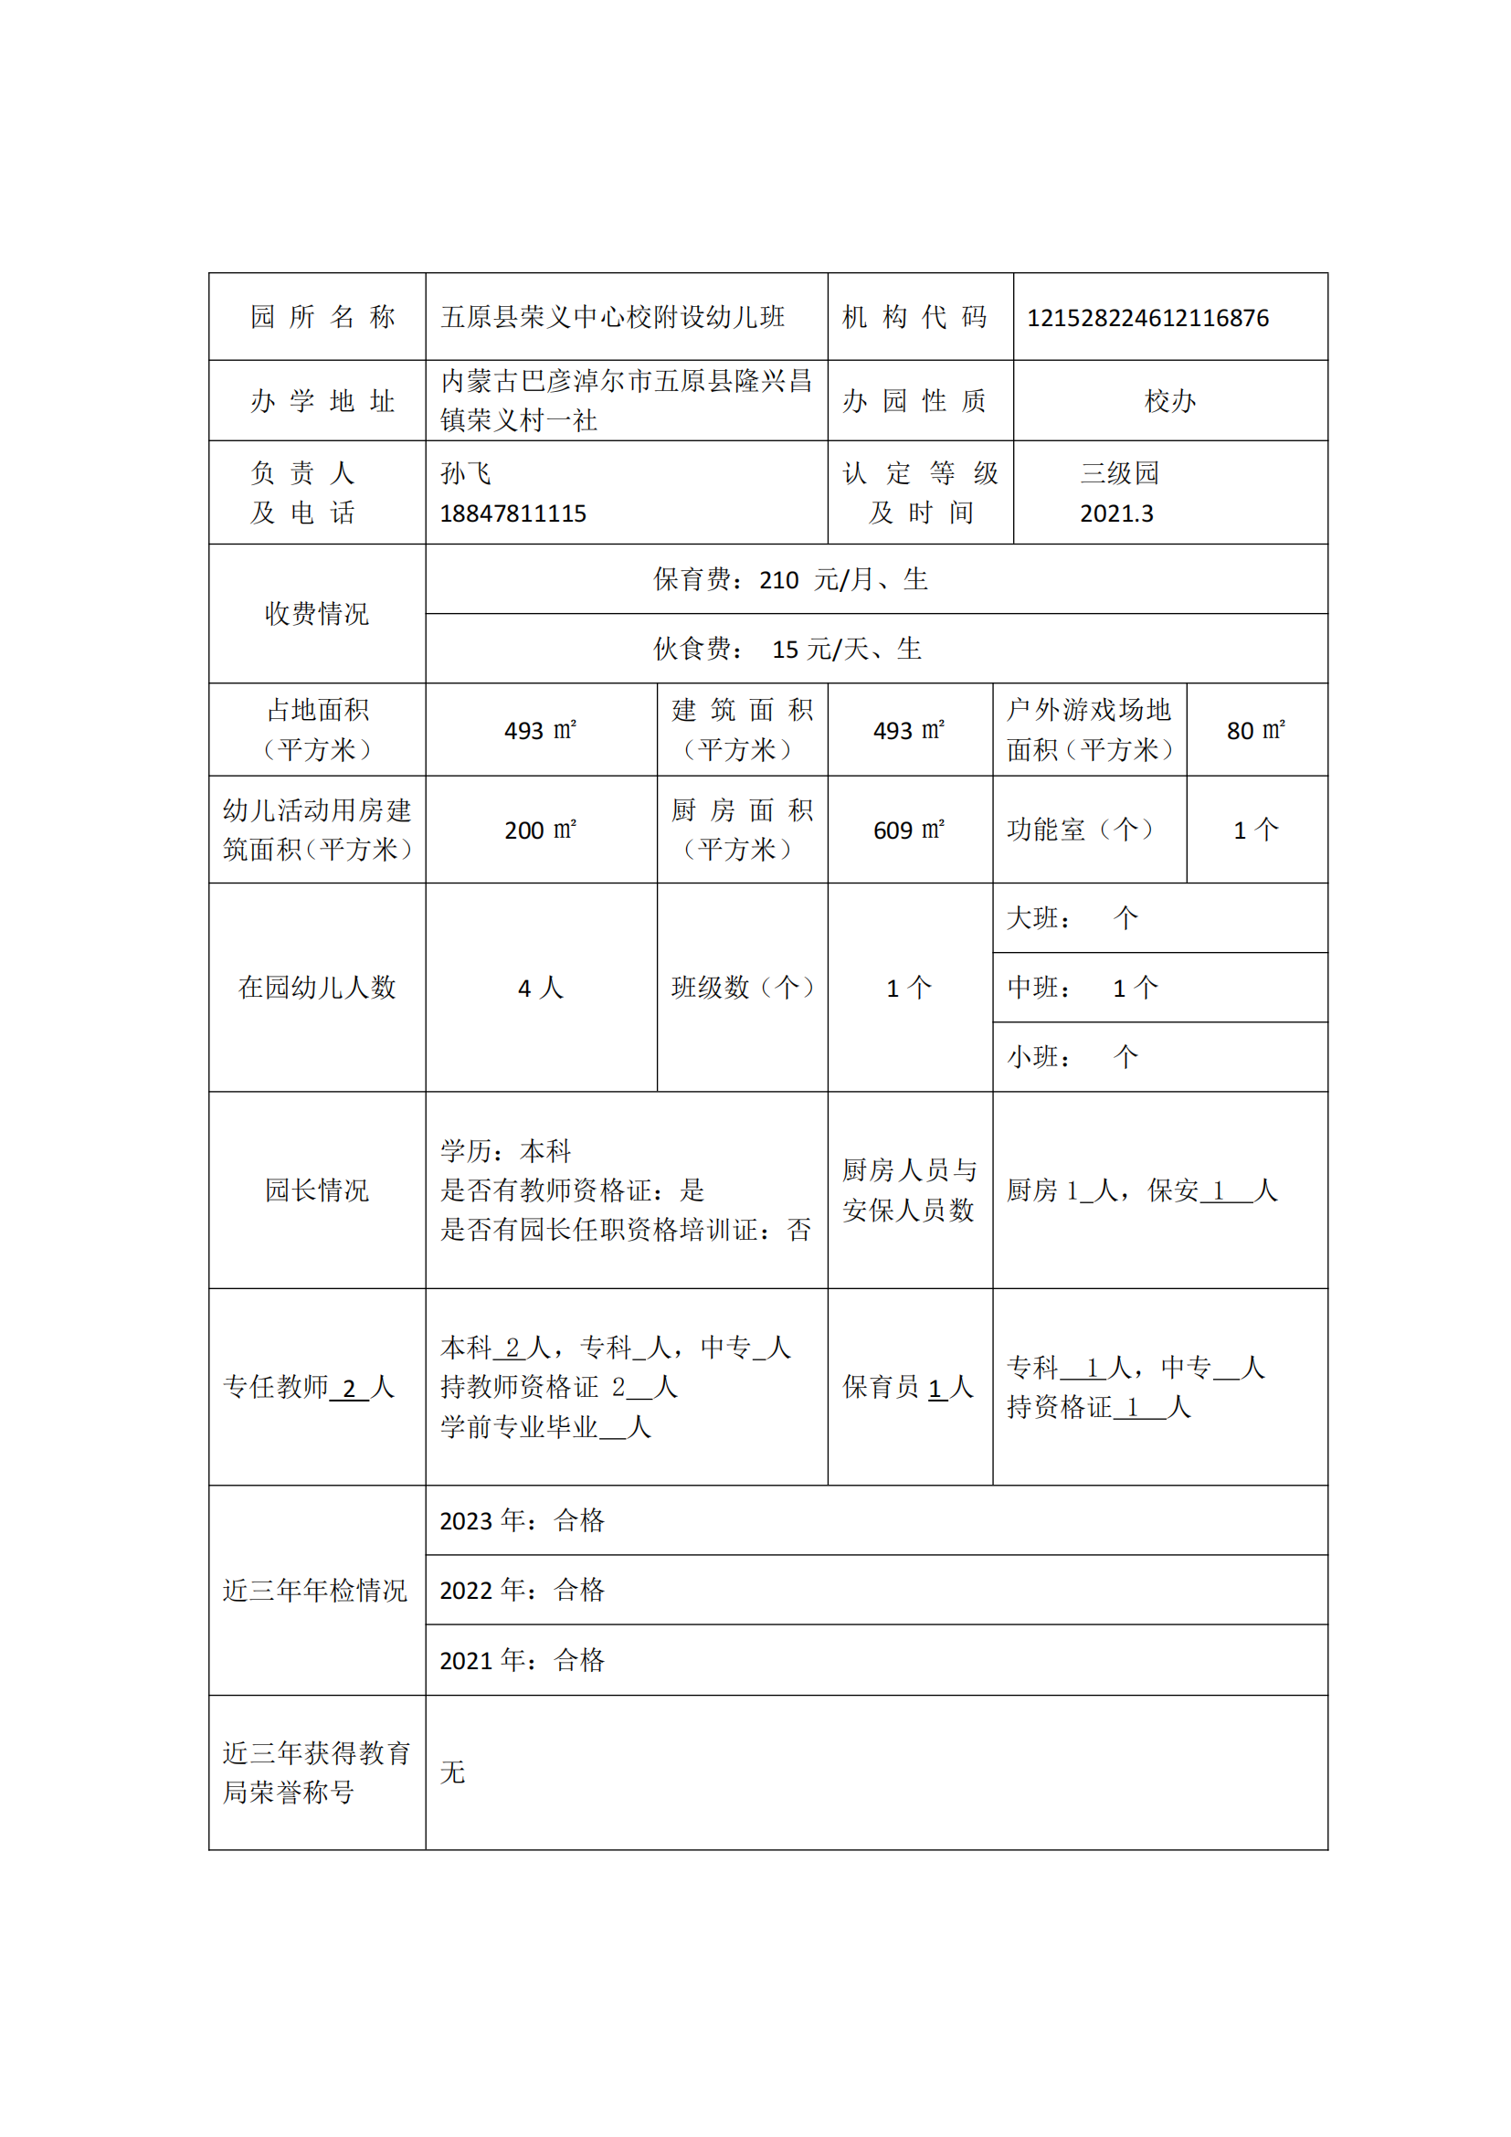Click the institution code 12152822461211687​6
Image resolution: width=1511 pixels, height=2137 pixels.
[1147, 318]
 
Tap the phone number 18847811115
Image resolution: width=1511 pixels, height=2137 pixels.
[512, 513]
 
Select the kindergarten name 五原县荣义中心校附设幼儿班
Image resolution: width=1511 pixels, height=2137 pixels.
[612, 318]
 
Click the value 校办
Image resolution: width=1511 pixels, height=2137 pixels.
[1169, 401]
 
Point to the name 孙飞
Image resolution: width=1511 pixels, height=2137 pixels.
[465, 474]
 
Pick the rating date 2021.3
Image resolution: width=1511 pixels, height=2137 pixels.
[1116, 513]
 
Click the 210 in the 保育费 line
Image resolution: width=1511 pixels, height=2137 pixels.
[778, 581]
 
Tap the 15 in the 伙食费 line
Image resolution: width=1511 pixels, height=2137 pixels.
[785, 650]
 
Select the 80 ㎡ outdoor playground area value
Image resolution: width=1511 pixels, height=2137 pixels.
[1256, 731]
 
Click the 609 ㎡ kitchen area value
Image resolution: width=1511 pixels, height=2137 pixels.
[909, 830]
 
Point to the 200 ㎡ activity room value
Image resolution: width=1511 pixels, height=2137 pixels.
[541, 830]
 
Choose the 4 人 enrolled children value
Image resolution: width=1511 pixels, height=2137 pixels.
[541, 988]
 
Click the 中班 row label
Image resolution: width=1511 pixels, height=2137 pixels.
[1039, 988]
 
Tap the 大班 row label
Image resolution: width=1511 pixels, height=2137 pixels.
[1039, 918]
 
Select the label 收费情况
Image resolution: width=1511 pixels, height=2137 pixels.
[316, 614]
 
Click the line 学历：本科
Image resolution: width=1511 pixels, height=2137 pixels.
[505, 1151]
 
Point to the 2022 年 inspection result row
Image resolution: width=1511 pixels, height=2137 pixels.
[522, 1591]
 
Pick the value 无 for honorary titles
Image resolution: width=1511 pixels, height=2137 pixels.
[453, 1772]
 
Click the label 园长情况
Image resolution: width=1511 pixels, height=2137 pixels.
[316, 1190]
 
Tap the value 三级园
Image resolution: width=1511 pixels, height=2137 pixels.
[1119, 474]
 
